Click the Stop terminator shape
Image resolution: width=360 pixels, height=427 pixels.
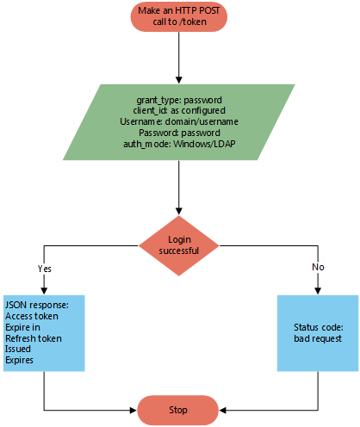click(x=178, y=410)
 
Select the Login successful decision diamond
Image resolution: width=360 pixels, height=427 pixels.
click(x=179, y=245)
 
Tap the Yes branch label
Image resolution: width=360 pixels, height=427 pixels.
click(x=45, y=269)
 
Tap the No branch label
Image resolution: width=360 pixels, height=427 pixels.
click(x=318, y=267)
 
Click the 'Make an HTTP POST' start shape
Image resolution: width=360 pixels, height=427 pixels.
click(x=179, y=16)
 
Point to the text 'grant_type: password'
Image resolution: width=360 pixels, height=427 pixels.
click(x=179, y=100)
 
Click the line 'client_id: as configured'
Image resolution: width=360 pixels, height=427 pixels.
click(x=179, y=110)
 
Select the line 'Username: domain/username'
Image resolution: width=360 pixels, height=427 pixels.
click(x=179, y=121)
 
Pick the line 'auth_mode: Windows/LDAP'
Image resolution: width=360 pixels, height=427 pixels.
click(x=179, y=144)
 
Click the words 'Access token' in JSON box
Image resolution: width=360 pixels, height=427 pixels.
click(x=32, y=316)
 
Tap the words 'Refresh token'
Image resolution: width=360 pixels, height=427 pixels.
click(x=34, y=338)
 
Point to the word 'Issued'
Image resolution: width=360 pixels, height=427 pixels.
click(x=18, y=349)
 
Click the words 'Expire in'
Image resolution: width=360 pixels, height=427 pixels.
click(x=22, y=327)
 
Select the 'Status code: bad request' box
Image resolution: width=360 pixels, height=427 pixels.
click(x=318, y=333)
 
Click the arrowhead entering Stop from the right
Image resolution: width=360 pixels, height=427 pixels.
click(x=223, y=411)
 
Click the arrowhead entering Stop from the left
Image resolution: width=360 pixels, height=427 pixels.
click(x=133, y=411)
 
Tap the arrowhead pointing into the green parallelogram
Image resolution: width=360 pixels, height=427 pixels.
click(x=179, y=80)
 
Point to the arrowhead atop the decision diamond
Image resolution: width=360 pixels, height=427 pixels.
click(x=179, y=211)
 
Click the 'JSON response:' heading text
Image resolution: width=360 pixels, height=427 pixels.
click(x=37, y=305)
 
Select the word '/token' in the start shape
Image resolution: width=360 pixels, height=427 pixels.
click(x=193, y=22)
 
